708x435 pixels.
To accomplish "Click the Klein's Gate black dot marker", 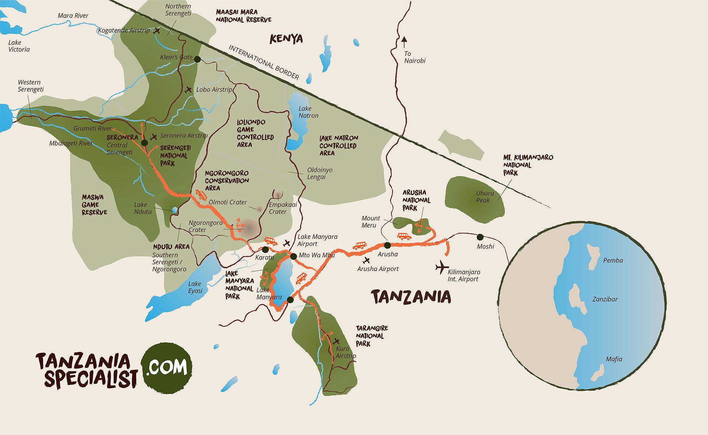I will [197, 59].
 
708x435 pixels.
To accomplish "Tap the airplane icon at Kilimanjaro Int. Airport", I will [441, 267].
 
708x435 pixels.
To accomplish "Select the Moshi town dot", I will [480, 237].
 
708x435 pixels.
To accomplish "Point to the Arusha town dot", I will [387, 245].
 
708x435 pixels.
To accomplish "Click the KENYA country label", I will [286, 39].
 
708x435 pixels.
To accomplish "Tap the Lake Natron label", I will [308, 112].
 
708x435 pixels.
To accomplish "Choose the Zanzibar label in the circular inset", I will [605, 299].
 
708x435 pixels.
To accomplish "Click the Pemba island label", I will [613, 261].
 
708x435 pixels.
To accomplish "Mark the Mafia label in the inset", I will [614, 359].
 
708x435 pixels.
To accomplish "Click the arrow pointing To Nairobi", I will [404, 42].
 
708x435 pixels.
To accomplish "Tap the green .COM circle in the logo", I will [167, 367].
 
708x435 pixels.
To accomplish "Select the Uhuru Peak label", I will [484, 196].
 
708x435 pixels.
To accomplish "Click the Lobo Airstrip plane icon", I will [188, 90].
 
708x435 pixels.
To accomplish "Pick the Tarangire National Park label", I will [371, 335].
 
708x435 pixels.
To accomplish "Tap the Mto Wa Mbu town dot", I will [293, 256].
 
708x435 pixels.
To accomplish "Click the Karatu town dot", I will [265, 250].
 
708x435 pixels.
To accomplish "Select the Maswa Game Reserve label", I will [94, 205].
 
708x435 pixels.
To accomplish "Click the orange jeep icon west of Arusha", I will [360, 246].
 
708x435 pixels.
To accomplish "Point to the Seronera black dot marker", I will [145, 143].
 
